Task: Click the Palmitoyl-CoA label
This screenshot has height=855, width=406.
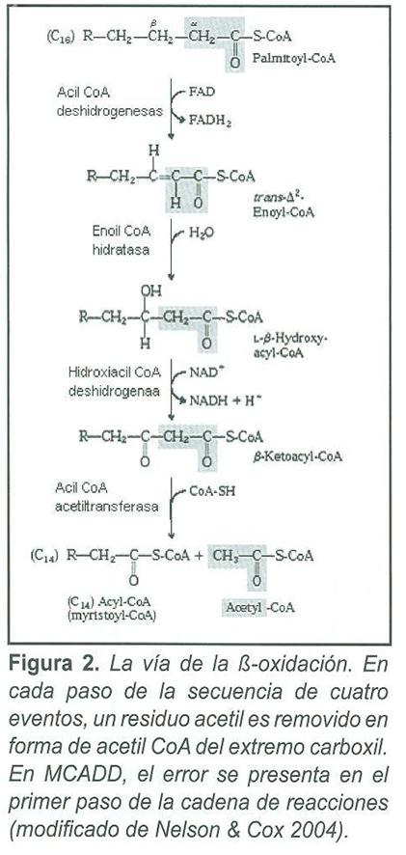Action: [294, 59]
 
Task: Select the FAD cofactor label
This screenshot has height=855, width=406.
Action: [202, 92]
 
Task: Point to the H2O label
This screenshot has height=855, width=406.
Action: [202, 233]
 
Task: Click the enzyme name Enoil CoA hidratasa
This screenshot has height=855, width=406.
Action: [121, 239]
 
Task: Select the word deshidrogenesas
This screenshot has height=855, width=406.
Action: [110, 112]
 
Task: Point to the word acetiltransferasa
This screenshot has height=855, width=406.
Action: [107, 507]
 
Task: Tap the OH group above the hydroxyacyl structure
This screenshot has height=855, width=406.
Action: [151, 290]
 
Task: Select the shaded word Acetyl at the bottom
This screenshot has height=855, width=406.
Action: [243, 606]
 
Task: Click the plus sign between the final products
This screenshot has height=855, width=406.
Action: [200, 556]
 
